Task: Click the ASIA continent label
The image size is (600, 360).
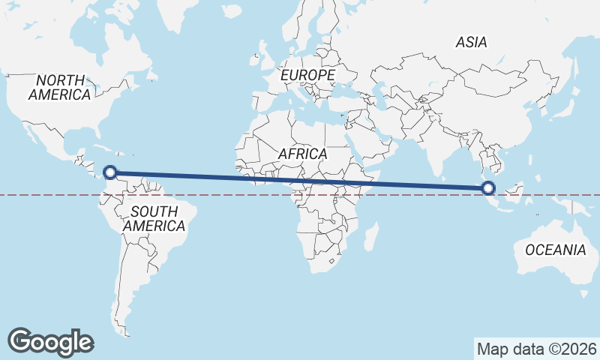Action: tap(471, 43)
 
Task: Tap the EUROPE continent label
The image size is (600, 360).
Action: tap(307, 76)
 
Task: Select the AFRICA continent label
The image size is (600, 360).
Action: tap(302, 154)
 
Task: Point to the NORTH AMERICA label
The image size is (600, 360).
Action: tap(60, 87)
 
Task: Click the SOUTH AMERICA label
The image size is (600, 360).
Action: tap(154, 218)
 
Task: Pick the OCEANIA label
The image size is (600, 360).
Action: tap(555, 250)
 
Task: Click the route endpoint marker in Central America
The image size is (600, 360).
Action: tap(110, 172)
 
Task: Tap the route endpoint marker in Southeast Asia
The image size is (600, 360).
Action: tap(488, 188)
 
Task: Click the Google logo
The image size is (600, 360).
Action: tap(50, 341)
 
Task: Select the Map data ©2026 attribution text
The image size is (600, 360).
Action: tap(537, 349)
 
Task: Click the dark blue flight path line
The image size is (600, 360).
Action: tap(300, 180)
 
